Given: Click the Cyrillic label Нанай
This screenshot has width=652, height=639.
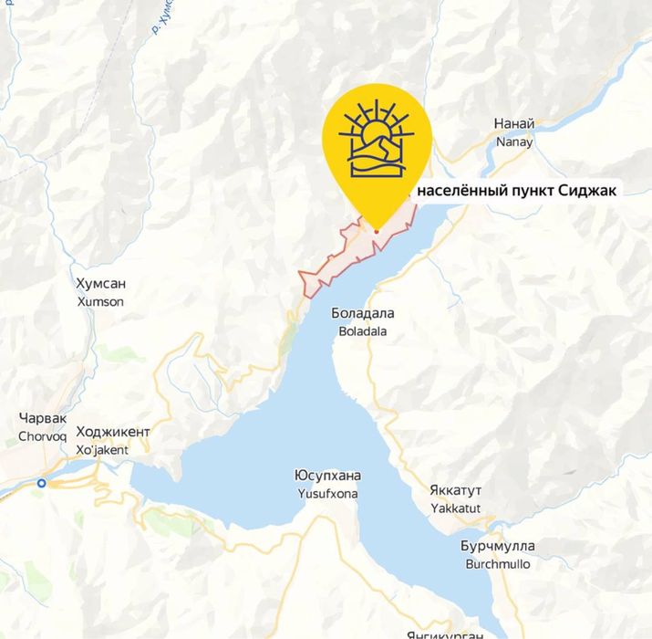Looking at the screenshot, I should point(513,124).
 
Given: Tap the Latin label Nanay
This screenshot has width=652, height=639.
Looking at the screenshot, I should point(513,141).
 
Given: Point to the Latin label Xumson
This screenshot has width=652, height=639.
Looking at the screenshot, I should point(100,301).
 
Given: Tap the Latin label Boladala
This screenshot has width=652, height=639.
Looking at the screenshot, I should point(363,331).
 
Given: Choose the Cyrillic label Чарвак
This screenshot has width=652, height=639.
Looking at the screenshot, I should point(43,419).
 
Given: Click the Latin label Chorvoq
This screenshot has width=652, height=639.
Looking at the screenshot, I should point(43,436).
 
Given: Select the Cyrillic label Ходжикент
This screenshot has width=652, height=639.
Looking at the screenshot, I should point(113,432).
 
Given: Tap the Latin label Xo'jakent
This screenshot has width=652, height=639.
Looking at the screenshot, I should point(102,449).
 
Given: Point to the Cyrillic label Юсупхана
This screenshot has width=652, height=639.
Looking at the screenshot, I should point(328,476).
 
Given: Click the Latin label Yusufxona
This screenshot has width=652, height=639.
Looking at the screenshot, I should point(328,494).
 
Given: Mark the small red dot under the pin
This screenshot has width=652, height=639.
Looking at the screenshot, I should point(376,231).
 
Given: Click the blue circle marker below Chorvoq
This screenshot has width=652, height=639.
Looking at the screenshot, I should point(42,483).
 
